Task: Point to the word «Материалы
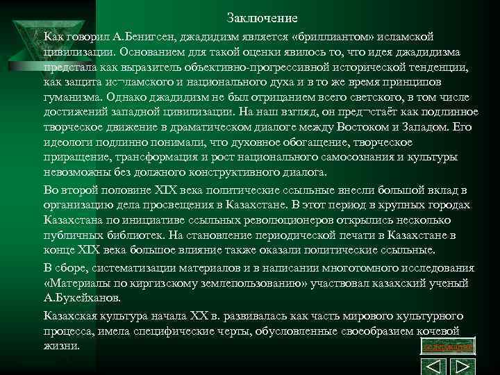76,283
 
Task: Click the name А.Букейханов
83,298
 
